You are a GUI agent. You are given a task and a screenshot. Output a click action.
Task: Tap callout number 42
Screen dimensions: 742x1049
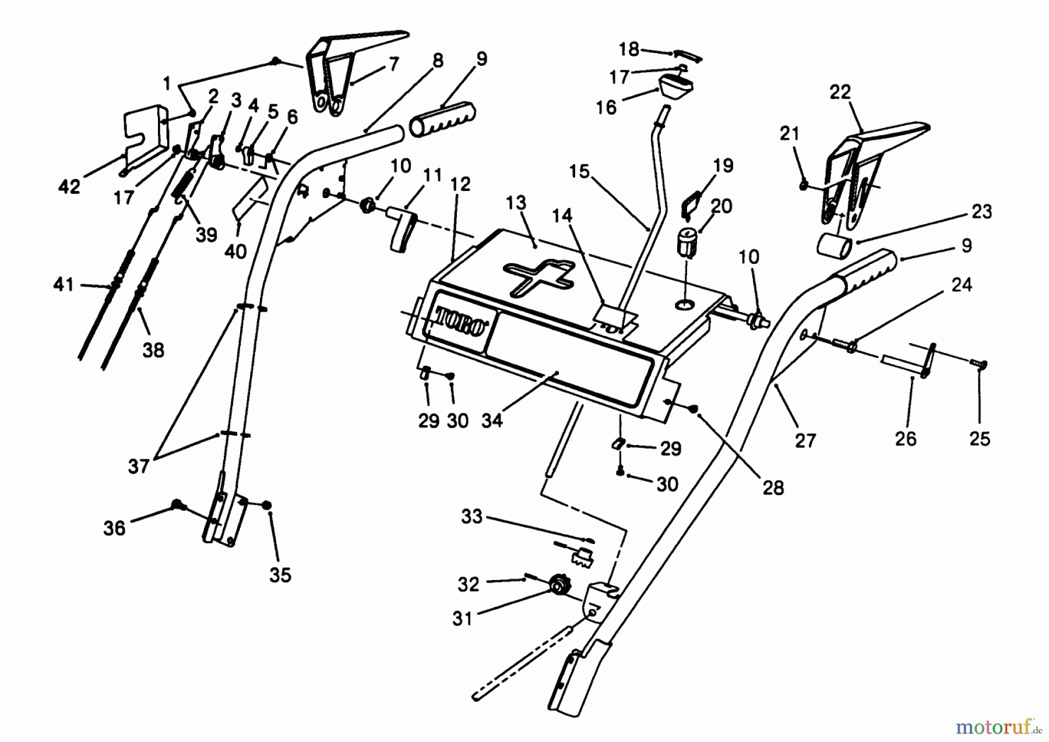[69, 186]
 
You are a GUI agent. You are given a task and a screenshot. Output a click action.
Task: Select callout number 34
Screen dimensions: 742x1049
[492, 420]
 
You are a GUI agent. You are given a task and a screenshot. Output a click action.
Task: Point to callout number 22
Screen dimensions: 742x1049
[840, 92]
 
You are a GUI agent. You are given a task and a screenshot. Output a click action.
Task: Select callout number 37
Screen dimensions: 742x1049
[139, 467]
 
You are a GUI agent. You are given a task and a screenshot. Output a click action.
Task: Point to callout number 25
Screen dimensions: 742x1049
[980, 439]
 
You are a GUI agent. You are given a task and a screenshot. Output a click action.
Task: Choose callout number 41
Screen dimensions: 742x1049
[64, 285]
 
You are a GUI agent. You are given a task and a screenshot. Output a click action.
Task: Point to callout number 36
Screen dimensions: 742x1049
[115, 528]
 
